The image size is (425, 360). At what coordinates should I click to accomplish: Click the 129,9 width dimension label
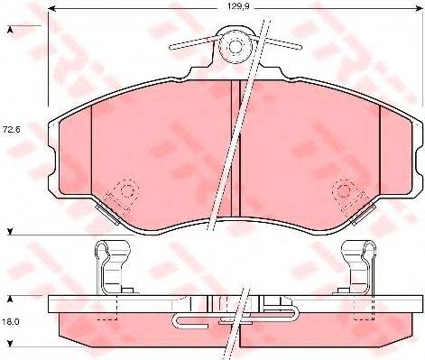(237, 8)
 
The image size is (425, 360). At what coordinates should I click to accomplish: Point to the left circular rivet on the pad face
(103, 190)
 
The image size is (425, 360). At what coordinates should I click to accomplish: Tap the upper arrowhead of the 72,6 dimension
(10, 32)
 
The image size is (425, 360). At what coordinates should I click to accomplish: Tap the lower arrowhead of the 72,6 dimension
(10, 232)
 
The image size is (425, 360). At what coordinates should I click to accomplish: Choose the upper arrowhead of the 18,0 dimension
(10, 297)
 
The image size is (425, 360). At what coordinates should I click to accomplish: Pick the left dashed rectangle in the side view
(109, 309)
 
